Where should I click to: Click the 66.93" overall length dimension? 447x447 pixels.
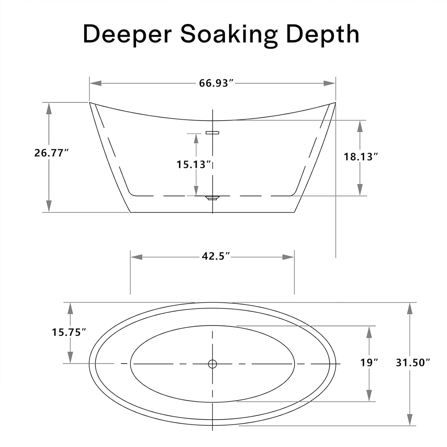tap(216, 83)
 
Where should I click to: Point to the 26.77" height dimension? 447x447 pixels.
tap(51, 153)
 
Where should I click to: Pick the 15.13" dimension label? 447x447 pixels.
tap(194, 164)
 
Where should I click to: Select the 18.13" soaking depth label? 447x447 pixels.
tap(361, 157)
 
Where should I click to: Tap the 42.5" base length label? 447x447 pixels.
tap(216, 256)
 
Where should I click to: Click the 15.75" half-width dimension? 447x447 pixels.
tap(69, 332)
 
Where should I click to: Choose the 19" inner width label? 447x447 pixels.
tap(369, 363)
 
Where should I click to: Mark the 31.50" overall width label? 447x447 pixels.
tap(413, 363)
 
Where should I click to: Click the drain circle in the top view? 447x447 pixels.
tap(212, 364)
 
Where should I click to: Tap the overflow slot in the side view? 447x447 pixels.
tap(212, 132)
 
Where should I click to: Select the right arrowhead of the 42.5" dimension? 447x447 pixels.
tap(288, 257)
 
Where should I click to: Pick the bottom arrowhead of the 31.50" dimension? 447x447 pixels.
tap(410, 419)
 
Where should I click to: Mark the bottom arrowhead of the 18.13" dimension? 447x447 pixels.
tap(360, 190)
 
